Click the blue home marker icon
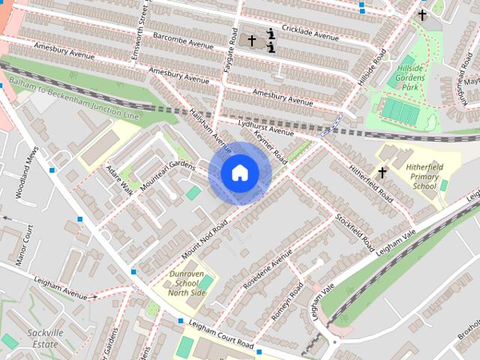pyautogui.click(x=239, y=172)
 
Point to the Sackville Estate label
pyautogui.click(x=43, y=337)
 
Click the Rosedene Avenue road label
pyautogui.click(x=267, y=271)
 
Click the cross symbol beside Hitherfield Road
pyautogui.click(x=382, y=173)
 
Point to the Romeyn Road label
pyautogui.click(x=287, y=301)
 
